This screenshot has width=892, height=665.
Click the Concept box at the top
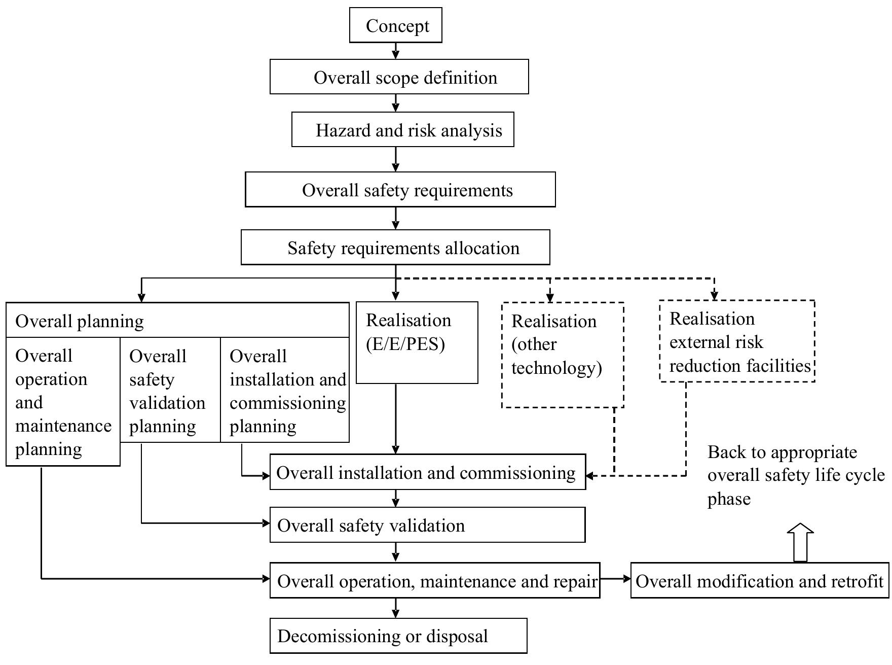pos(395,25)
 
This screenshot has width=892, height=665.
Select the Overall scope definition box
pos(399,77)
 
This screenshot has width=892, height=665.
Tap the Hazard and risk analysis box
pos(403,130)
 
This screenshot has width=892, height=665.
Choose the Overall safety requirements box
pos(400,190)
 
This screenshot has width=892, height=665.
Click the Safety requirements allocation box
pos(395,248)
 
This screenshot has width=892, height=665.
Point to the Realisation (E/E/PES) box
pos(417,342)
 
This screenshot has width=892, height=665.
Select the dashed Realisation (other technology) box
pos(562,355)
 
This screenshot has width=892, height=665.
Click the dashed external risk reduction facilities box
pos(737,341)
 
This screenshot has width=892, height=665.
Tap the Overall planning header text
pos(80,321)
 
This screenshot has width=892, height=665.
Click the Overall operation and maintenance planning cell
pos(62,402)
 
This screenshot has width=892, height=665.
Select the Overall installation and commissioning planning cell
pos(285,390)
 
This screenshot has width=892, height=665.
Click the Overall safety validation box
pos(427,525)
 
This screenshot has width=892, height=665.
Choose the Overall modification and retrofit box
pos(759,581)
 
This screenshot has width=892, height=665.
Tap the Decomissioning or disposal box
pos(398,636)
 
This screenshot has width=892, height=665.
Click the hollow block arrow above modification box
pos(800,543)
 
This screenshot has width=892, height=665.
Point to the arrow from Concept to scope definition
pos(396,51)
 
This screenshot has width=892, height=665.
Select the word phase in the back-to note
pos(729,499)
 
